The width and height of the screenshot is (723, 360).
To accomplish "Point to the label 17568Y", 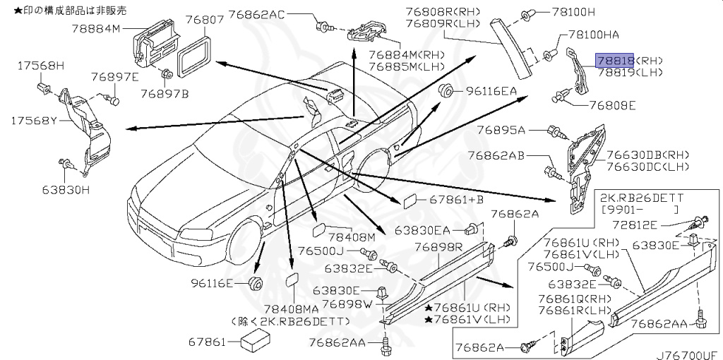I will coord(31,121).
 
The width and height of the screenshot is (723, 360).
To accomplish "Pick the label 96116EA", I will coord(490,91).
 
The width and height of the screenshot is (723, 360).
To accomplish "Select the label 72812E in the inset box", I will coord(654,224).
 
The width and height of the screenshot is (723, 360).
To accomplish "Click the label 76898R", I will coord(438,247).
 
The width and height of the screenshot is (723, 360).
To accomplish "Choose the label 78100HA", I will coord(591,34).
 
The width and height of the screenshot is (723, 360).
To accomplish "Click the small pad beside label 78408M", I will coord(319,230).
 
